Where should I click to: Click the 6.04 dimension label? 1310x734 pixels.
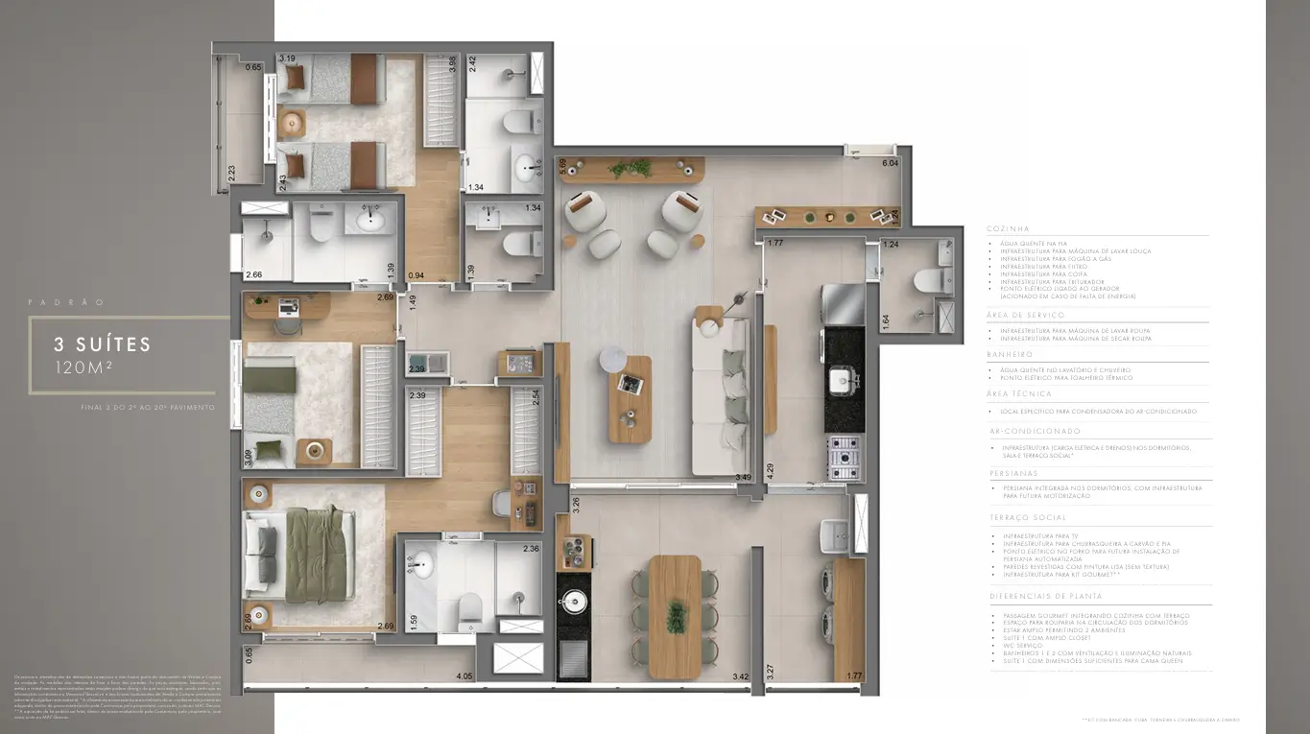pyautogui.click(x=890, y=164)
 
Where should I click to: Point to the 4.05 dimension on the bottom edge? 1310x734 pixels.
pyautogui.click(x=464, y=676)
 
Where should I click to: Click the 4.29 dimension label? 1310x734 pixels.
pyautogui.click(x=770, y=470)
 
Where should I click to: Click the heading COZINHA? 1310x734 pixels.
pyautogui.click(x=1008, y=229)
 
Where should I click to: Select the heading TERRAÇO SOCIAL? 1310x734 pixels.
pyautogui.click(x=1023, y=517)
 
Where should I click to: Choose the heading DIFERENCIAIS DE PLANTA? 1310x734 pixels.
pyautogui.click(x=1038, y=596)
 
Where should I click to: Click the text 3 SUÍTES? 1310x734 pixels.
pyautogui.click(x=103, y=343)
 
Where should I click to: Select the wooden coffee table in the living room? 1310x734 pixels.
pyautogui.click(x=629, y=398)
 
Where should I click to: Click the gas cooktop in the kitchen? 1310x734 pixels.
pyautogui.click(x=844, y=458)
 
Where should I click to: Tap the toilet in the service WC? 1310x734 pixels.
pyautogui.click(x=927, y=281)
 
